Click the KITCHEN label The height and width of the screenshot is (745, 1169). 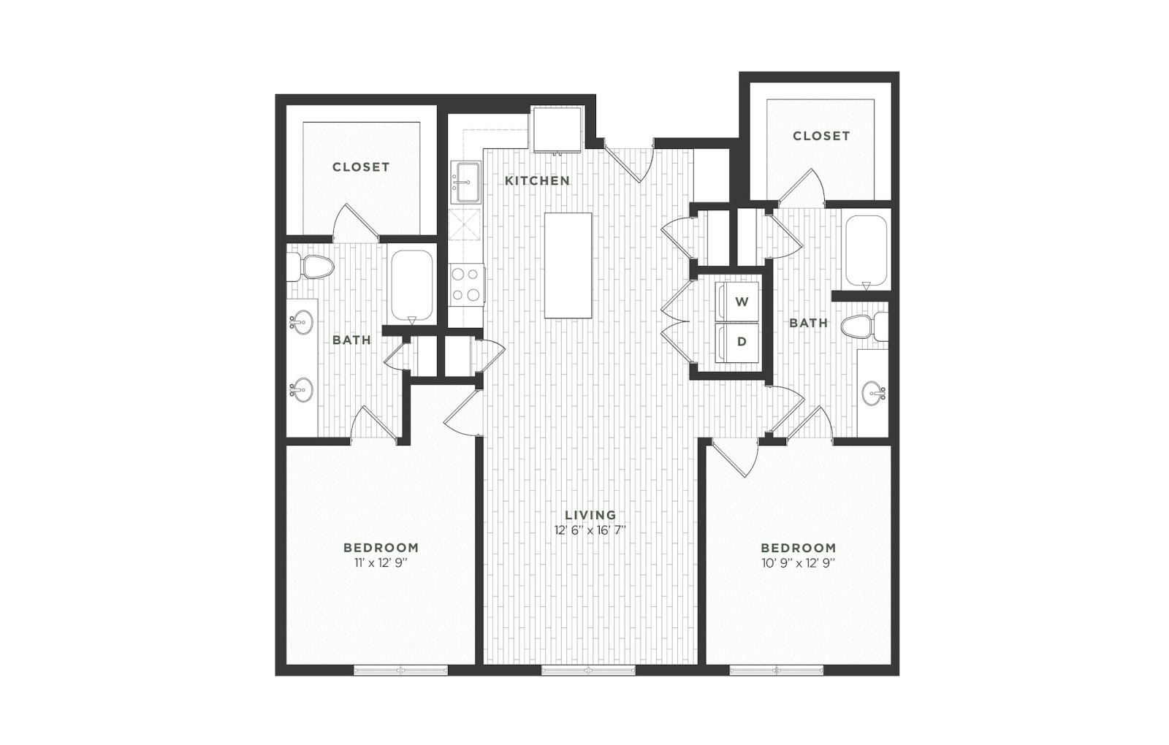[537, 180]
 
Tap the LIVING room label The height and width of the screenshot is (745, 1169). [590, 515]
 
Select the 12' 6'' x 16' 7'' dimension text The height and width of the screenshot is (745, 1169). [590, 530]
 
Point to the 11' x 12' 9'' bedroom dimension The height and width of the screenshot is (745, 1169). [381, 563]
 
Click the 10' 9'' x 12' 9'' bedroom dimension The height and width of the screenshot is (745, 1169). [798, 563]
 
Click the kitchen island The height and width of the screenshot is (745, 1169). [568, 265]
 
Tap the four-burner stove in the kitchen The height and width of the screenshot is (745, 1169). [466, 284]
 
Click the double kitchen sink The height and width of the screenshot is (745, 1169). [465, 182]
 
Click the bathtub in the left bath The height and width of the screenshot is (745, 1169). [412, 288]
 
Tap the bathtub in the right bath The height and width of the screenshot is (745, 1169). [866, 251]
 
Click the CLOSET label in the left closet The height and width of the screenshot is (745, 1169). [361, 167]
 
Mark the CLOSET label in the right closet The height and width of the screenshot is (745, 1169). [821, 136]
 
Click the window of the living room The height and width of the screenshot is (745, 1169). [588, 670]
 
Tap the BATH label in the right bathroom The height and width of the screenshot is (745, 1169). [808, 323]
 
